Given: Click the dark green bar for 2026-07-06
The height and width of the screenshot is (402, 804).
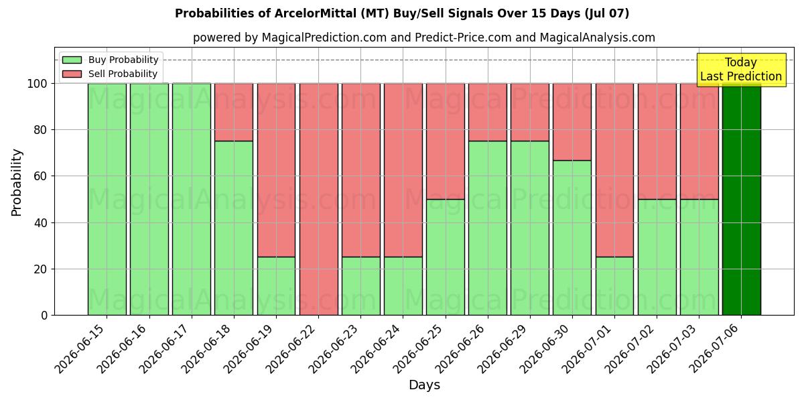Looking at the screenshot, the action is [x=742, y=199].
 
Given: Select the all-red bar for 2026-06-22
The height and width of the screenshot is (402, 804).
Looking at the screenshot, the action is [x=319, y=199].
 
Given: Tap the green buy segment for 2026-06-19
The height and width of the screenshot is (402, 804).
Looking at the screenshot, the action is [x=276, y=286].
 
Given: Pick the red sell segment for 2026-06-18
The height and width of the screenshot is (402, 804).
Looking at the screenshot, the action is [x=234, y=113].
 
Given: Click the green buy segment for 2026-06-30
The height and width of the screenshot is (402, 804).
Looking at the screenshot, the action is [x=572, y=238].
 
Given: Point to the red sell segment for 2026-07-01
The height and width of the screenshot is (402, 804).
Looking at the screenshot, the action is [x=614, y=170].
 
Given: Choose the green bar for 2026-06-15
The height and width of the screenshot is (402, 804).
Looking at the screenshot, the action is [x=107, y=199].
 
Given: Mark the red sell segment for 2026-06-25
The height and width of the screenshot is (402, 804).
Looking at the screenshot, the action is [x=446, y=141].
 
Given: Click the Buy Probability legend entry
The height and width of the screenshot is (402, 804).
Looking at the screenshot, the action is [x=110, y=60].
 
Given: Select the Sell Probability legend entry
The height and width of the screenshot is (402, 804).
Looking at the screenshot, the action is [x=110, y=74].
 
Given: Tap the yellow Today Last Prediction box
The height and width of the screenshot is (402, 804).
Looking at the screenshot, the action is [x=742, y=70].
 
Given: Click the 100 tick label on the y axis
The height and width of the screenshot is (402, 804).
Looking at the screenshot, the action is [x=38, y=84].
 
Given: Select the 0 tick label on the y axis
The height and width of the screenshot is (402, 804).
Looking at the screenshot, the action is [x=44, y=316].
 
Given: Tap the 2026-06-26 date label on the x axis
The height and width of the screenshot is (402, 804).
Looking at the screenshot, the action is [x=460, y=349].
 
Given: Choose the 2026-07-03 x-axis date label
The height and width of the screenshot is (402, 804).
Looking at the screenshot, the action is [x=671, y=349].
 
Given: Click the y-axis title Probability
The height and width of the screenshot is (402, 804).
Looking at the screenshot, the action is [x=17, y=183].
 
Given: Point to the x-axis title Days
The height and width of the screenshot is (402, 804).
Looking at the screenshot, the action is [x=424, y=385].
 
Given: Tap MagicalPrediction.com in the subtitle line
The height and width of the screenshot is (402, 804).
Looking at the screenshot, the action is [x=324, y=38].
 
